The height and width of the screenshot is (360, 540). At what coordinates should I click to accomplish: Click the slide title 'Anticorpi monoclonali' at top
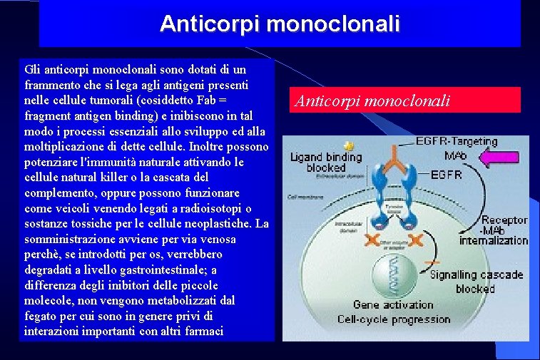click(x=280, y=24)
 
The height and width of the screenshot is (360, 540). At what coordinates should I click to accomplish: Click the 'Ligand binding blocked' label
click(x=325, y=162)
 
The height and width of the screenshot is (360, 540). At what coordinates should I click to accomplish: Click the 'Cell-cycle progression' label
click(x=394, y=319)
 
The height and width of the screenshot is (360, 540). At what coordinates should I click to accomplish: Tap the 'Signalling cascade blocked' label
click(x=475, y=281)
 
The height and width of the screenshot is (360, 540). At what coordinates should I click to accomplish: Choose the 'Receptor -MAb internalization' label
click(x=494, y=230)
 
